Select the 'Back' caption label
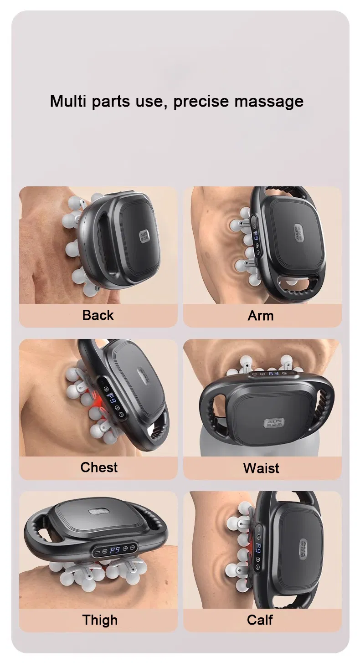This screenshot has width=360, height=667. tap(98, 315)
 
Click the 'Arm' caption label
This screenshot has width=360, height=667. tap(261, 315)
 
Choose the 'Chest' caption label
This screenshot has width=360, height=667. tap(99, 467)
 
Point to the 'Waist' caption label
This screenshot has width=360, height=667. tap(261, 468)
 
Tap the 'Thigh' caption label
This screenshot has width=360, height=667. tap(100, 620)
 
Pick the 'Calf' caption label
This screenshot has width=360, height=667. tap(260, 620)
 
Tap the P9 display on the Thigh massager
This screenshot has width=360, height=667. tap(115, 550)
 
